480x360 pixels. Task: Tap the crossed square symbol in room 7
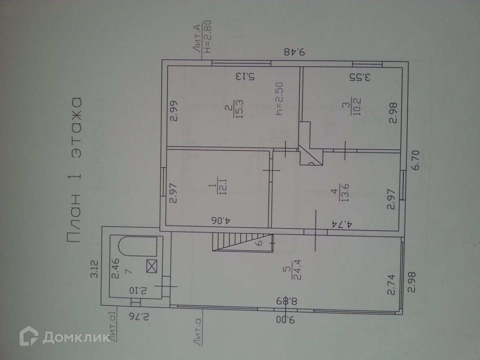(152, 266)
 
